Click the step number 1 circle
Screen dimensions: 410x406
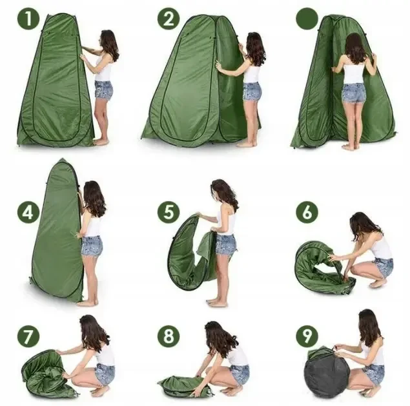coord(28,19)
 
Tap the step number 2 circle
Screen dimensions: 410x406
coord(169,19)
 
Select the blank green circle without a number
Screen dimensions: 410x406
coord(307,19)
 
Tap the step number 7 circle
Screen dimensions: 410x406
coord(28,336)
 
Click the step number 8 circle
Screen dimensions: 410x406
coord(169,336)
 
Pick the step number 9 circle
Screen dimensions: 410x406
coord(307,336)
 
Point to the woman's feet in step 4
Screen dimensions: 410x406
coord(87,303)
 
